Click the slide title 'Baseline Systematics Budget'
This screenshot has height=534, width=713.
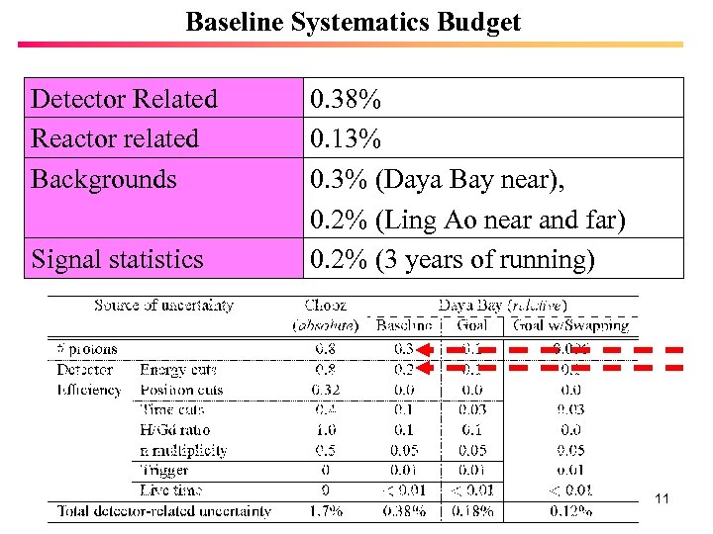[x=353, y=22]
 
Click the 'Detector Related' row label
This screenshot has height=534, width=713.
[x=124, y=99]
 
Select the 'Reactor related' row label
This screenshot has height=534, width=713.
[x=115, y=138]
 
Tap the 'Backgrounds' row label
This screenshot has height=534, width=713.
[x=104, y=179]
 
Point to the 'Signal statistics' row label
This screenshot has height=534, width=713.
[x=117, y=259]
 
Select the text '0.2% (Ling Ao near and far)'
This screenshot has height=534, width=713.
[x=467, y=220]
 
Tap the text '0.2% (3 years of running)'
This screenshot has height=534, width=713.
[x=453, y=259]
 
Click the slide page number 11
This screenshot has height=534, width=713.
[x=662, y=499]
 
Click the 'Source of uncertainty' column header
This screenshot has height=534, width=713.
[x=163, y=306]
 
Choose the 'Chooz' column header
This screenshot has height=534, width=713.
[x=325, y=306]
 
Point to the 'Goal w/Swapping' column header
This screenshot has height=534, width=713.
[x=570, y=325]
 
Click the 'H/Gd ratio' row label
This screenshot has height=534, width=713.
[x=170, y=429]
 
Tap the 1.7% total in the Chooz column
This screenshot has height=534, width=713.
[x=325, y=511]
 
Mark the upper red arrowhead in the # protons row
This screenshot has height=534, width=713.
[x=423, y=348]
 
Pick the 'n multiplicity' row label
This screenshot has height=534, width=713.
[x=184, y=450]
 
